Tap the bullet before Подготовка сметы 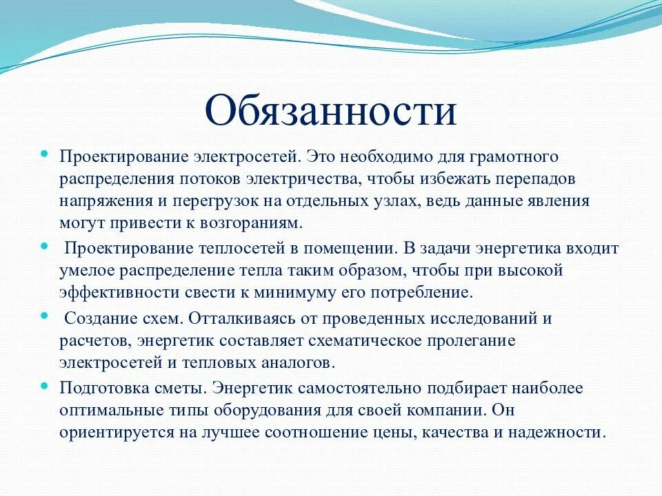(x=45, y=386)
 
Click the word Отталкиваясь (x=247, y=318)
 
